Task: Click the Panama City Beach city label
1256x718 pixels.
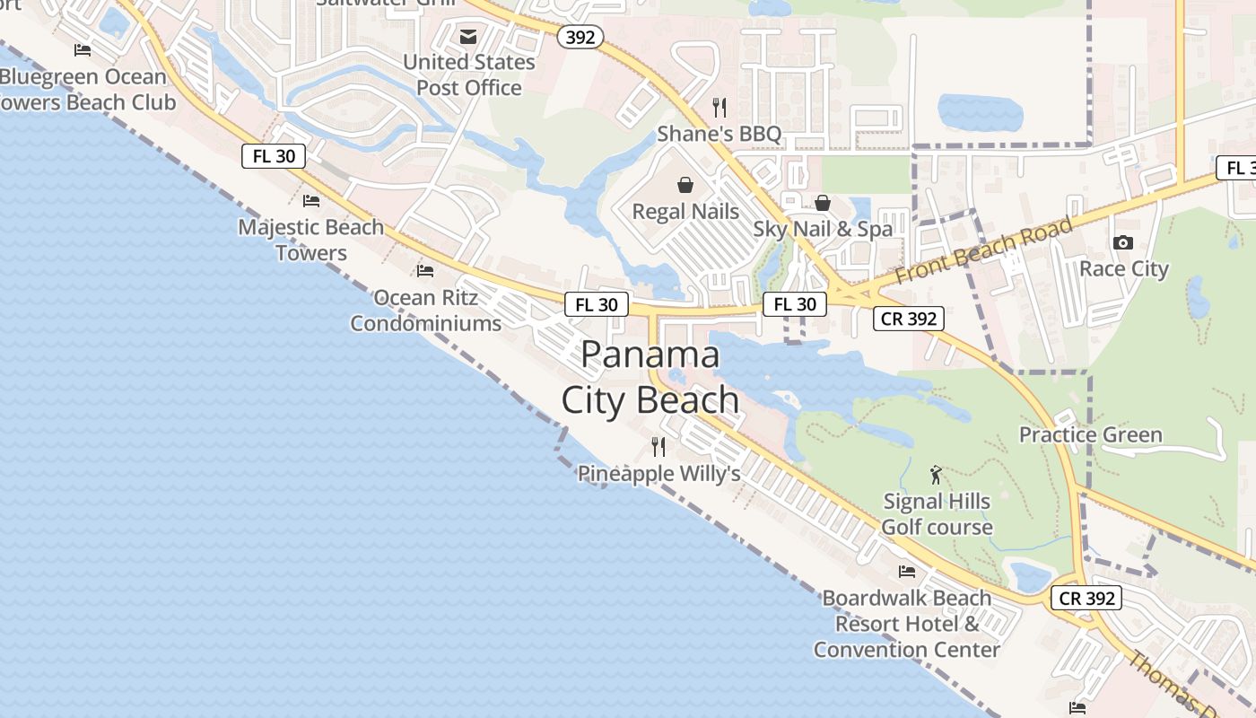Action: [650, 378]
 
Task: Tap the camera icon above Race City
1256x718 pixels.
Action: [1122, 243]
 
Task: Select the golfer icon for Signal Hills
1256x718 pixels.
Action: [937, 475]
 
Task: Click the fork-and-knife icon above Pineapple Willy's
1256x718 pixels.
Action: [659, 446]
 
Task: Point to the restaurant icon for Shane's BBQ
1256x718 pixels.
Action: [719, 108]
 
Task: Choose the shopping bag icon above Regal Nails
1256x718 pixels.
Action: [685, 185]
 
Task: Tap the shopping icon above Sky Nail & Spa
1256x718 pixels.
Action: [822, 203]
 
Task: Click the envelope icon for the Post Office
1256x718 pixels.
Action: [468, 37]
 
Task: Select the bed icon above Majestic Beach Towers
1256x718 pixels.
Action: [311, 200]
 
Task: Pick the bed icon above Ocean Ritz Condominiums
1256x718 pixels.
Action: [425, 270]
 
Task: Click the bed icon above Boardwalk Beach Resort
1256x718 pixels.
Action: [907, 571]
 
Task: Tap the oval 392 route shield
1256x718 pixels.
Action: [580, 37]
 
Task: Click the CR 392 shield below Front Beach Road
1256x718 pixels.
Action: [909, 318]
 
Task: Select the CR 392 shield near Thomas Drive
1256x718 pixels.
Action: [1086, 598]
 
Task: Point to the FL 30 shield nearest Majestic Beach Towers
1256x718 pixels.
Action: [274, 156]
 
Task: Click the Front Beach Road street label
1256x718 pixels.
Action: [983, 250]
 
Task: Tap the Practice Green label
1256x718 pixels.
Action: [1090, 435]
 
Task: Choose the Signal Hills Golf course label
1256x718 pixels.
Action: [937, 514]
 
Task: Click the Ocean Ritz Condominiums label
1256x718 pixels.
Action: [425, 311]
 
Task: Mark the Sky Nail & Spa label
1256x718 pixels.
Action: [823, 229]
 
